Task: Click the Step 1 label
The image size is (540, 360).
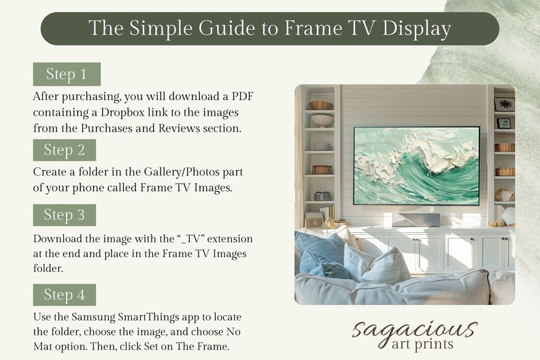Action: pyautogui.click(x=66, y=74)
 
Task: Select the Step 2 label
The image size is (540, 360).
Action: pyautogui.click(x=64, y=150)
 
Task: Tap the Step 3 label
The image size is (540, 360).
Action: pyautogui.click(x=64, y=215)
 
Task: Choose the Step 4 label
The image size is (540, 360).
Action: pyautogui.click(x=64, y=295)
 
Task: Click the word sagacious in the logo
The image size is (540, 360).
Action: pyautogui.click(x=414, y=330)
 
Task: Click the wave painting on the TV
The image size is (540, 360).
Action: pyautogui.click(x=416, y=166)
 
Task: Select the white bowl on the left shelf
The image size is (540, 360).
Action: pyautogui.click(x=322, y=120)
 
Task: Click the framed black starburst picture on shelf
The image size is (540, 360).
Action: pyautogui.click(x=504, y=104)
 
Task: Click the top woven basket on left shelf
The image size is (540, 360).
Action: pyautogui.click(x=320, y=105)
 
